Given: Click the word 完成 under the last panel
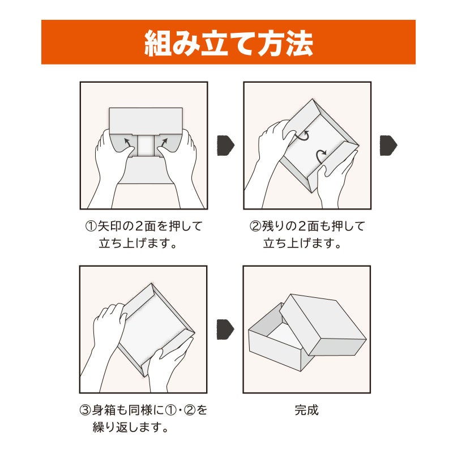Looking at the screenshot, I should point(306,409).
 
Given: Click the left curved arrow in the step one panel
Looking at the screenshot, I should point(130,142).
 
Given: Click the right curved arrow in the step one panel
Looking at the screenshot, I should point(161,142).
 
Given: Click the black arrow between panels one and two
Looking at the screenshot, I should point(225,145).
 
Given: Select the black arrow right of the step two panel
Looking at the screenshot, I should point(388,145).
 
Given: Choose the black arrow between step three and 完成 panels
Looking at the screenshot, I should point(225,329).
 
